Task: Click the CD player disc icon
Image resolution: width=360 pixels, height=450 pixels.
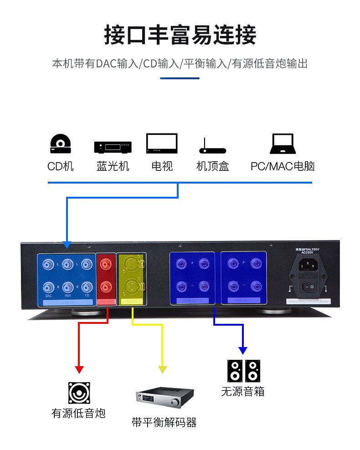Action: (x=60, y=143)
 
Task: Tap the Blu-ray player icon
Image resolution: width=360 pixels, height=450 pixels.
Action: (x=113, y=147)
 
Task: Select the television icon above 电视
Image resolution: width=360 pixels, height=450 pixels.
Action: (x=162, y=143)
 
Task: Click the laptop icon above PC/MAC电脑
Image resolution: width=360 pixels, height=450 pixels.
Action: (x=283, y=143)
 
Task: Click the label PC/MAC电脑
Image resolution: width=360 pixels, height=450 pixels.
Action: (x=283, y=166)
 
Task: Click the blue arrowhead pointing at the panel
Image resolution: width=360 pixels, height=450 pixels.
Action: (x=67, y=245)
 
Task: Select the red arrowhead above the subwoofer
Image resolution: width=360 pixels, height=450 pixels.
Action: (x=79, y=369)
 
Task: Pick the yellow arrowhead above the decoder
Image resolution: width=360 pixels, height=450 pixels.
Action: (x=162, y=369)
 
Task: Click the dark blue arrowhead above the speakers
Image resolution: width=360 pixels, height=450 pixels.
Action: (x=243, y=350)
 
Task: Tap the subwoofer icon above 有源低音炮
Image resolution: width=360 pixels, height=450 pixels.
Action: (x=79, y=393)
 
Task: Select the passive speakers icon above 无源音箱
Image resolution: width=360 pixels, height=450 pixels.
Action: (x=243, y=371)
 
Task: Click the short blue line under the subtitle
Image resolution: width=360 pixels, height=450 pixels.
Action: (x=180, y=78)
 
